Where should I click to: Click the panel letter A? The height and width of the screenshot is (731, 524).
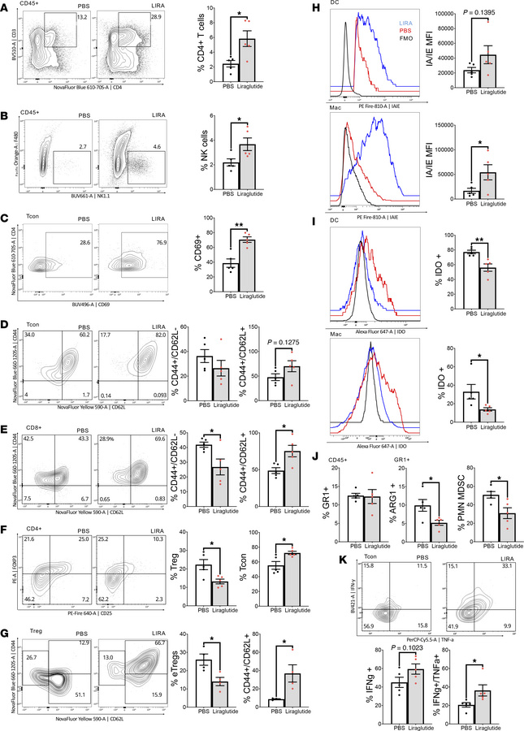[6, 6]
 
